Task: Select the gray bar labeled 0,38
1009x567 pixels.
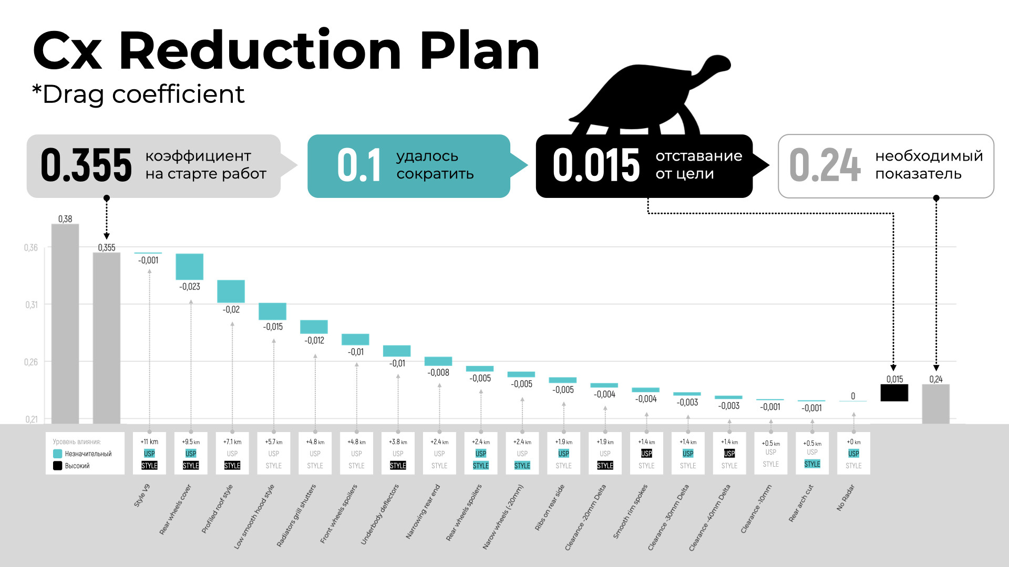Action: (x=65, y=323)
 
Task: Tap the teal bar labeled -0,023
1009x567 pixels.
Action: (x=189, y=267)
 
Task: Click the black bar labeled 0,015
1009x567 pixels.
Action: (x=894, y=393)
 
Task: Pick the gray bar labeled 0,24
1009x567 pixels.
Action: (x=935, y=404)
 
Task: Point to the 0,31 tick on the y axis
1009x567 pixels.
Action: (x=32, y=304)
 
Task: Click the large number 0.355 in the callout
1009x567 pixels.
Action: (x=86, y=165)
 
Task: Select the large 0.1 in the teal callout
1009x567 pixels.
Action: (x=359, y=165)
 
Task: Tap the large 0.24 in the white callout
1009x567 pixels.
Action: (x=825, y=165)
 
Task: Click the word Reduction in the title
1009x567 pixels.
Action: (x=261, y=51)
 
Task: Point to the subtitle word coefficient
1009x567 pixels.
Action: (x=178, y=94)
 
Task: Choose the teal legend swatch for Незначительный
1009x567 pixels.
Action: (x=58, y=454)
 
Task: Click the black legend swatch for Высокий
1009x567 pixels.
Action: (x=58, y=466)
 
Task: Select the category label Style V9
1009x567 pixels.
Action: (x=142, y=495)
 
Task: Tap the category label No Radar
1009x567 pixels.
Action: (x=846, y=497)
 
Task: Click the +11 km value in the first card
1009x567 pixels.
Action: (x=149, y=442)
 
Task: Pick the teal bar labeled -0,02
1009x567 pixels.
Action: (x=231, y=291)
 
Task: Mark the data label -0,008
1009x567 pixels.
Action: (x=438, y=373)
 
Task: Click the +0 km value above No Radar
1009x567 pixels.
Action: (x=853, y=442)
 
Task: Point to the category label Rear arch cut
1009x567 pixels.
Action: (x=801, y=503)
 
